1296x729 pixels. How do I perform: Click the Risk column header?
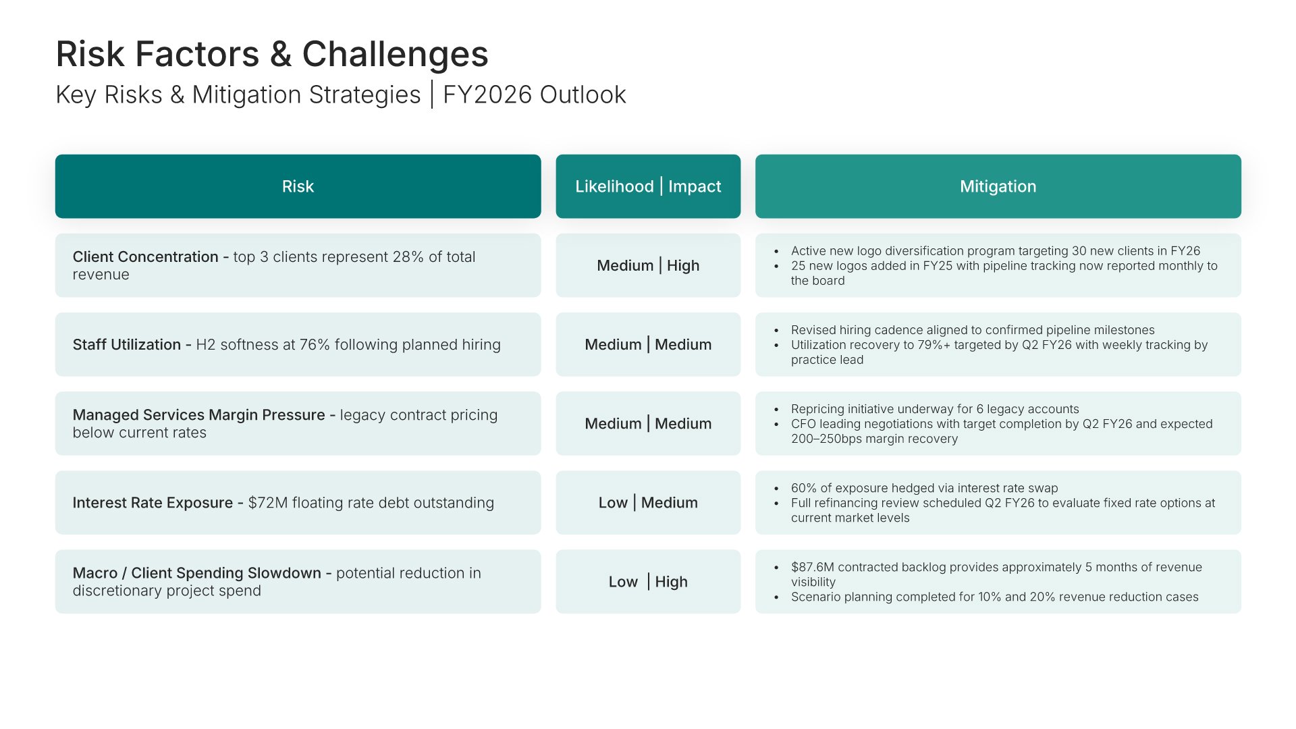tap(298, 186)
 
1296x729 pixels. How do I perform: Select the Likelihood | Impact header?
tap(648, 186)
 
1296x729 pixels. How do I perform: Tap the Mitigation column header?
tap(998, 186)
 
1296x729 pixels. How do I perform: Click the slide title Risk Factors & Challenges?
tap(272, 54)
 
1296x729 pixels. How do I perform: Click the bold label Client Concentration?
tap(145, 257)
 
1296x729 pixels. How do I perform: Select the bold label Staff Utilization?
tap(127, 345)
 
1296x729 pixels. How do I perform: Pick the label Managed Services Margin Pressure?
tap(198, 415)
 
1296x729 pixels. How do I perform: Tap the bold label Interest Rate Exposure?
tap(153, 503)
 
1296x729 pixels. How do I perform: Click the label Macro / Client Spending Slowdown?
tap(196, 573)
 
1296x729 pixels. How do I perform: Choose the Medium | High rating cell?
tap(648, 265)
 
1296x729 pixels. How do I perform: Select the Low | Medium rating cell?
tap(648, 502)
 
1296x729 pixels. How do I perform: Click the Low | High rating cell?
tap(648, 581)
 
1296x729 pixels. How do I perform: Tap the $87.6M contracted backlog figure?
tap(813, 567)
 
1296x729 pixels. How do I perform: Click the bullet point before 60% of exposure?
tap(777, 489)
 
